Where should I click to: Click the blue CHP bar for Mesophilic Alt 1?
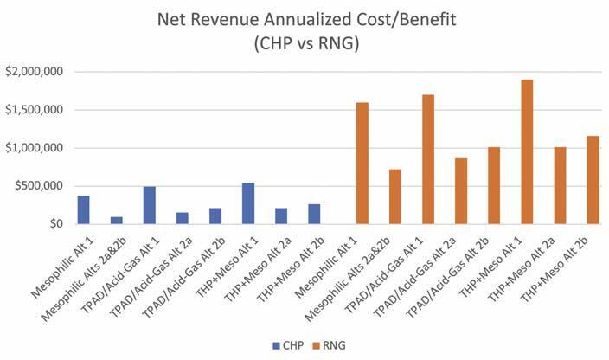84,209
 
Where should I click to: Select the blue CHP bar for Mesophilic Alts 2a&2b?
117,220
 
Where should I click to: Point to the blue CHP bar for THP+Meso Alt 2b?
314,214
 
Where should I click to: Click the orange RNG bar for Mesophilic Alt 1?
362,163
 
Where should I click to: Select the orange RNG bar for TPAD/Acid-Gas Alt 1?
428,159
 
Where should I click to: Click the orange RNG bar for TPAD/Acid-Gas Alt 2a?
461,191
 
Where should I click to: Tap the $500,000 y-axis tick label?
38,186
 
